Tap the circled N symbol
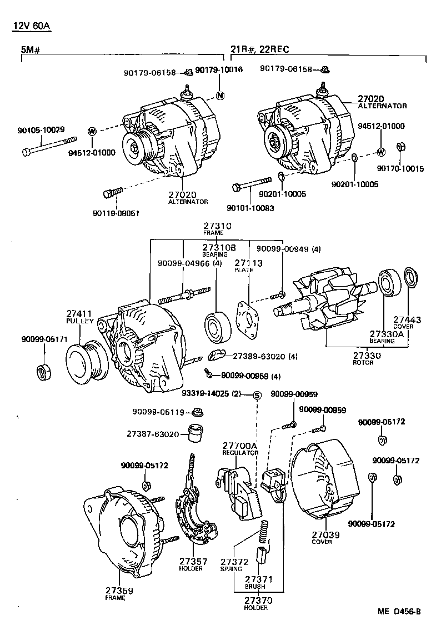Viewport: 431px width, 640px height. [x=219, y=94]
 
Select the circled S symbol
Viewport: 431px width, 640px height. [x=257, y=395]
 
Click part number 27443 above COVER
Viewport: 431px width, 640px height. [x=407, y=320]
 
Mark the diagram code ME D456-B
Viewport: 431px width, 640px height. [x=399, y=612]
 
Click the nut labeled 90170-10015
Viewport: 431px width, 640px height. [x=400, y=147]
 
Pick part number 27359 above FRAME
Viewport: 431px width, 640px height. [x=119, y=591]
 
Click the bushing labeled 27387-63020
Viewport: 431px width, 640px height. [x=194, y=433]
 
